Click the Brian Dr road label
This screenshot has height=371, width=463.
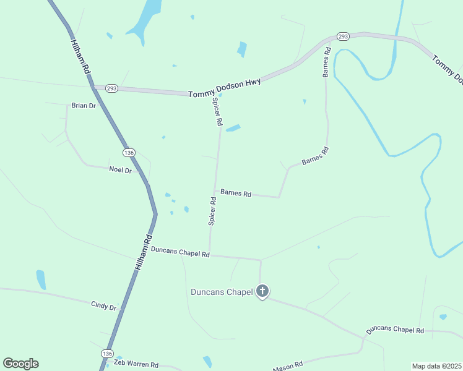click(84, 106)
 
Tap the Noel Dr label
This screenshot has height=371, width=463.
click(120, 169)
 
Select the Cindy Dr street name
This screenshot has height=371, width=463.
click(103, 305)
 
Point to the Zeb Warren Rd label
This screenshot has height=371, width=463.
click(136, 365)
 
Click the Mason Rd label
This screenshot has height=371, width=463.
click(288, 366)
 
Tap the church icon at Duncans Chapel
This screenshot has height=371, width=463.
click(262, 291)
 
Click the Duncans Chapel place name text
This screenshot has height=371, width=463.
click(222, 292)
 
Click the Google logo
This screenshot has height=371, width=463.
click(20, 364)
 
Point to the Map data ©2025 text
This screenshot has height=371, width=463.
click(436, 366)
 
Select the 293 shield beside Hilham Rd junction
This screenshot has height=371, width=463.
click(111, 88)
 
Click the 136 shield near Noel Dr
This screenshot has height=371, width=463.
click(129, 152)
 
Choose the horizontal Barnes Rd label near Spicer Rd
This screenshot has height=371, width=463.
click(236, 194)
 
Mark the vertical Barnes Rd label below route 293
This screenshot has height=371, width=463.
click(326, 62)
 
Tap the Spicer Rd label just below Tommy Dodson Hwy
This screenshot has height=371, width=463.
click(217, 112)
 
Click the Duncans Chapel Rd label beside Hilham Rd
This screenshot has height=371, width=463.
click(180, 252)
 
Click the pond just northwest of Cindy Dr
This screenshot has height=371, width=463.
click(41, 279)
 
